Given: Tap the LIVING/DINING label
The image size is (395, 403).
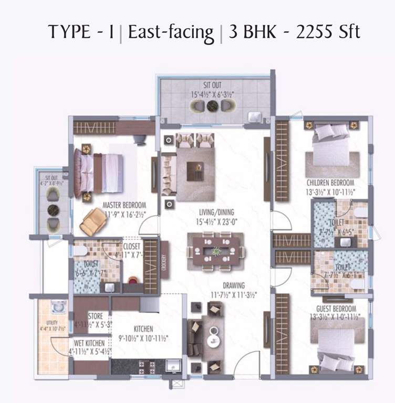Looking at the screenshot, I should point(216,213).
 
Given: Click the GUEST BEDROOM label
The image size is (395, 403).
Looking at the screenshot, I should point(336,309).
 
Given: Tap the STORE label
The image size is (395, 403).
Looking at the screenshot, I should point(96,316).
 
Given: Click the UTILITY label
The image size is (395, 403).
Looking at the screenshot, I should point(51,323).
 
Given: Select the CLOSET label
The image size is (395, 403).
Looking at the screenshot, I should point(131,246).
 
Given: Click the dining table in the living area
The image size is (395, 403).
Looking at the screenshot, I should point(216,252).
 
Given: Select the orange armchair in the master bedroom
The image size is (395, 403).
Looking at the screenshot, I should point(92,221).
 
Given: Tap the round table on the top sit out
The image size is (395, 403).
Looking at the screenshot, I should point(212,105).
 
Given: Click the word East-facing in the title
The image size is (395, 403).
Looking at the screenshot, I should point(171,32).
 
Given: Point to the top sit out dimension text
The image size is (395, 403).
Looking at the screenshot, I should point(212,94).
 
